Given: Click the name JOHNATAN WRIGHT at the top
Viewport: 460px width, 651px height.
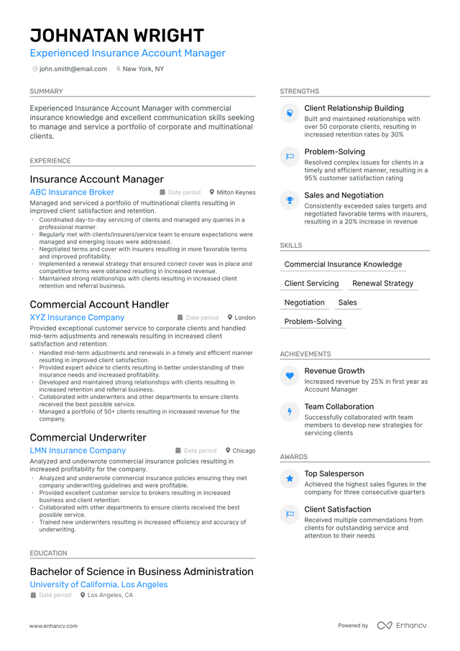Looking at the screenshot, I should tap(116, 36).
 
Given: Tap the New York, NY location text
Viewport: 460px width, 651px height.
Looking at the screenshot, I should tap(143, 69).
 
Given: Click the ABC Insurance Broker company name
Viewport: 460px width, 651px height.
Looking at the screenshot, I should tap(72, 193).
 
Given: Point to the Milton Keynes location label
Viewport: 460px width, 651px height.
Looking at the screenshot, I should tap(236, 193).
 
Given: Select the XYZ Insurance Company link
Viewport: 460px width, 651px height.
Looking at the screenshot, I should tap(77, 318).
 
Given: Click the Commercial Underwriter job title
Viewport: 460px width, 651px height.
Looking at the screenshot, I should tap(88, 438).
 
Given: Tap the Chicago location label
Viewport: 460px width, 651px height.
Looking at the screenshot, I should tap(244, 451).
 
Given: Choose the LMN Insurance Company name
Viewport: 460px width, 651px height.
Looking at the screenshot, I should tap(78, 451).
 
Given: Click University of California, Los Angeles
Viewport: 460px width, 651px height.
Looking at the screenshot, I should tap(98, 585).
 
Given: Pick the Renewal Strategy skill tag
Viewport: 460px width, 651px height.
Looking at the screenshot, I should tap(382, 284).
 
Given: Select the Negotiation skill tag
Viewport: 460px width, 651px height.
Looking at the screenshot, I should tap(304, 303).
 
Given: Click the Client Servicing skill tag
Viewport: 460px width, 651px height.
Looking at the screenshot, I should tap(311, 284).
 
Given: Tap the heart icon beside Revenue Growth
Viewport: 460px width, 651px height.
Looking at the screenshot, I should tap(290, 375).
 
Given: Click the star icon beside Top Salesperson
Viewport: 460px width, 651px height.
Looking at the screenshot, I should tap(290, 478).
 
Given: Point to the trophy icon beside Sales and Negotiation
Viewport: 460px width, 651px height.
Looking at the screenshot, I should tap(290, 200).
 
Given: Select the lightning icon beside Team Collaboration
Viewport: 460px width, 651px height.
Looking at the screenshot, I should tap(290, 411).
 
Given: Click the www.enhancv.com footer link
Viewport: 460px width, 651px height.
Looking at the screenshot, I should tap(53, 626).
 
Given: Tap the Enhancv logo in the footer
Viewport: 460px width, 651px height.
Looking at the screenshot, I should tap(402, 626).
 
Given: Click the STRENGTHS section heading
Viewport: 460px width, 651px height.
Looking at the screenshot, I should tap(299, 91).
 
